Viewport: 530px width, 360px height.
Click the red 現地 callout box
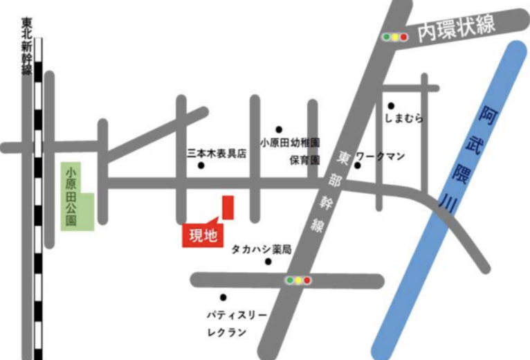200,235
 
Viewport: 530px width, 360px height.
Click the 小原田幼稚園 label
291,143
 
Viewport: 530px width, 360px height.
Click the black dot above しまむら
391,106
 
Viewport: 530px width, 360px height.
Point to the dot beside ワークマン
357,165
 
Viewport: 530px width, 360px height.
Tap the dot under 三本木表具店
201,166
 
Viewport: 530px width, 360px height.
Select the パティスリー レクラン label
237,323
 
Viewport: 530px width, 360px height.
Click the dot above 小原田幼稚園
279,129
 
